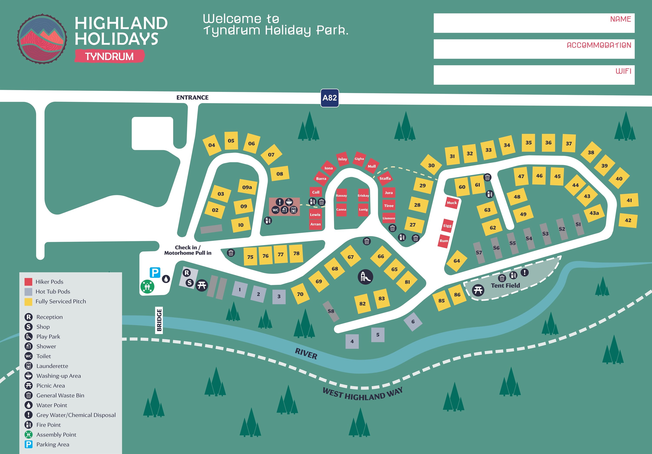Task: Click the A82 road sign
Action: [329, 98]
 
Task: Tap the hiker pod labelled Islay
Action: [343, 159]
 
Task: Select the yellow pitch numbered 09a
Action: [247, 187]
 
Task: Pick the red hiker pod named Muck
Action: [452, 203]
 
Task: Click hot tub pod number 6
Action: [413, 321]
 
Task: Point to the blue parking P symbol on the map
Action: [155, 273]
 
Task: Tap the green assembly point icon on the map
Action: [147, 286]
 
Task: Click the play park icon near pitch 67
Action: [365, 277]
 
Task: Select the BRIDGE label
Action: [159, 320]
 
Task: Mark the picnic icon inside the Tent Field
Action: [478, 290]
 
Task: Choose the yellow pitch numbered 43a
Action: [594, 213]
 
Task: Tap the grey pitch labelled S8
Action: [331, 311]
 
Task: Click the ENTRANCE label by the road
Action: [192, 98]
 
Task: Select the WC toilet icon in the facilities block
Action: [275, 210]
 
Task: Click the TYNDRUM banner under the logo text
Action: [109, 56]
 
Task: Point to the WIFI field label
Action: [623, 71]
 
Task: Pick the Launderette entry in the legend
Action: [52, 366]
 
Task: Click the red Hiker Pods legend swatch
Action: [28, 282]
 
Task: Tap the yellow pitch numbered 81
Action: [407, 282]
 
